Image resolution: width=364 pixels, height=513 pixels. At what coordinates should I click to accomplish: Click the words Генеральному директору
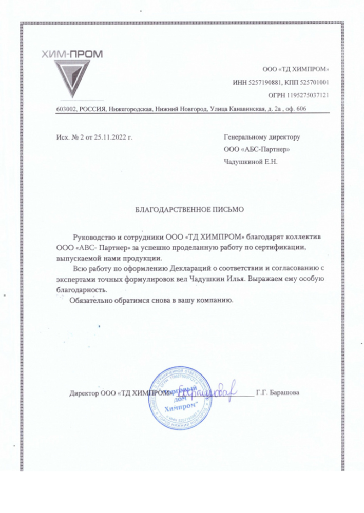(x=262, y=137)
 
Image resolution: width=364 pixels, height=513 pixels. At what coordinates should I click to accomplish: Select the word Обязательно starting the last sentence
(x=91, y=300)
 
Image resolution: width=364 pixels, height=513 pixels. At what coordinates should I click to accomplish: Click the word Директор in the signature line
(x=84, y=393)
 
